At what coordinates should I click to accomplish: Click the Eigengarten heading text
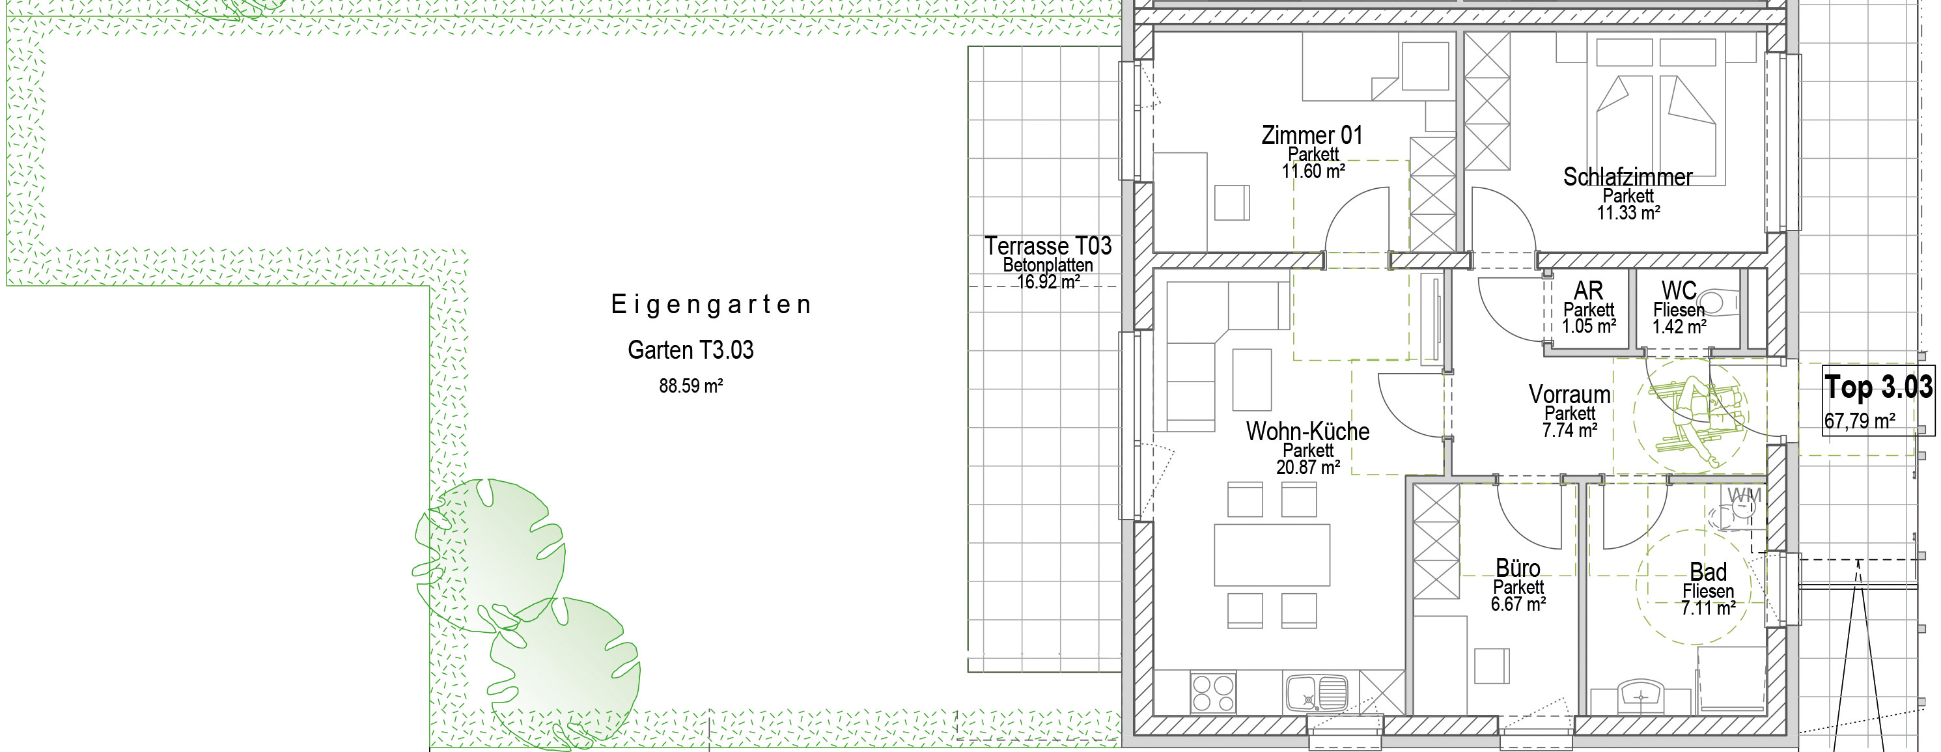[711, 305]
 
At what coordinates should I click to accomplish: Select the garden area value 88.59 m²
[691, 386]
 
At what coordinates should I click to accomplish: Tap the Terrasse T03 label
[1048, 245]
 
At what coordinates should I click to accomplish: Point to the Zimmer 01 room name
[1312, 135]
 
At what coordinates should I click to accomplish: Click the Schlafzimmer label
[1628, 176]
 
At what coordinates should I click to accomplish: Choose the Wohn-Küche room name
[1307, 431]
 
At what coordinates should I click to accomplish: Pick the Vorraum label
[1569, 394]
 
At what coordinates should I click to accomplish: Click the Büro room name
[1518, 567]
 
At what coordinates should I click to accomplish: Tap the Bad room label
[1707, 571]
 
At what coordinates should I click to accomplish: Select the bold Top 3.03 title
[1878, 387]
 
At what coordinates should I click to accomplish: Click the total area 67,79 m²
[1859, 421]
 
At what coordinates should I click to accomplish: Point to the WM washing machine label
[1744, 495]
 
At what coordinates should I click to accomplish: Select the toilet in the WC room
[1720, 303]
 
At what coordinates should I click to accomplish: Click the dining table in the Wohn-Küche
[1272, 555]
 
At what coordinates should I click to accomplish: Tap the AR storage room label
[1588, 290]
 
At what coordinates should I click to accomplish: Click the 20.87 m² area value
[1308, 467]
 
